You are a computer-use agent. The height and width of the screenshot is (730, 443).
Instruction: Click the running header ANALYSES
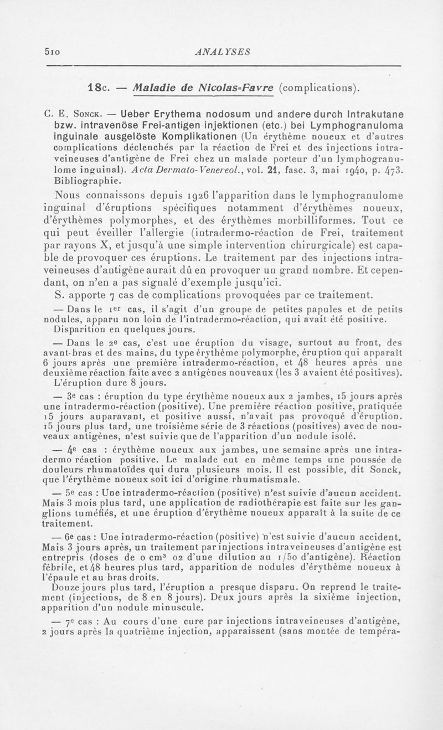220,52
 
